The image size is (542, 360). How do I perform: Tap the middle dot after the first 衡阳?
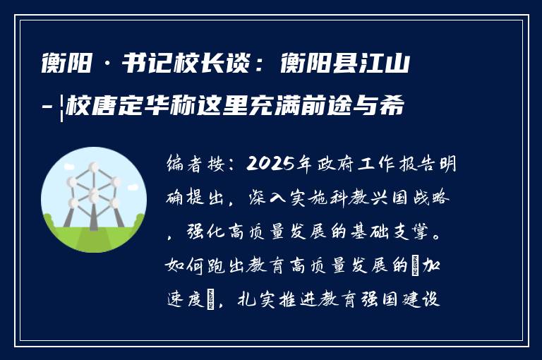point(107,68)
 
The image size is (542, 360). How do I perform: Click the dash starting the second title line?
point(47,109)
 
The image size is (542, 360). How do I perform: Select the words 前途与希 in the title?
point(369,108)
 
